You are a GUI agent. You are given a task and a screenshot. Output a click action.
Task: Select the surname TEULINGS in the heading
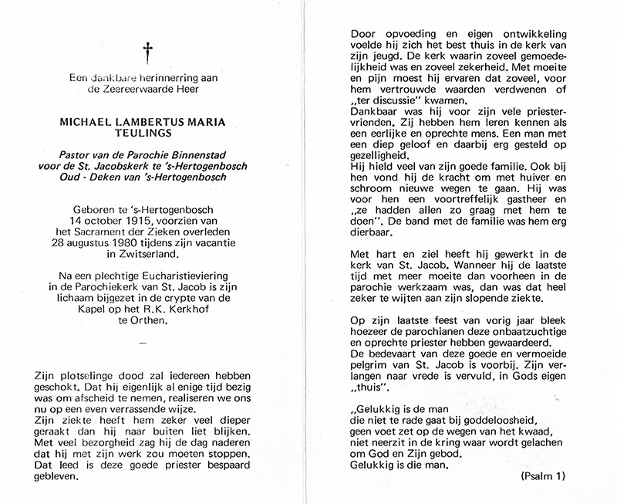coord(145,133)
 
